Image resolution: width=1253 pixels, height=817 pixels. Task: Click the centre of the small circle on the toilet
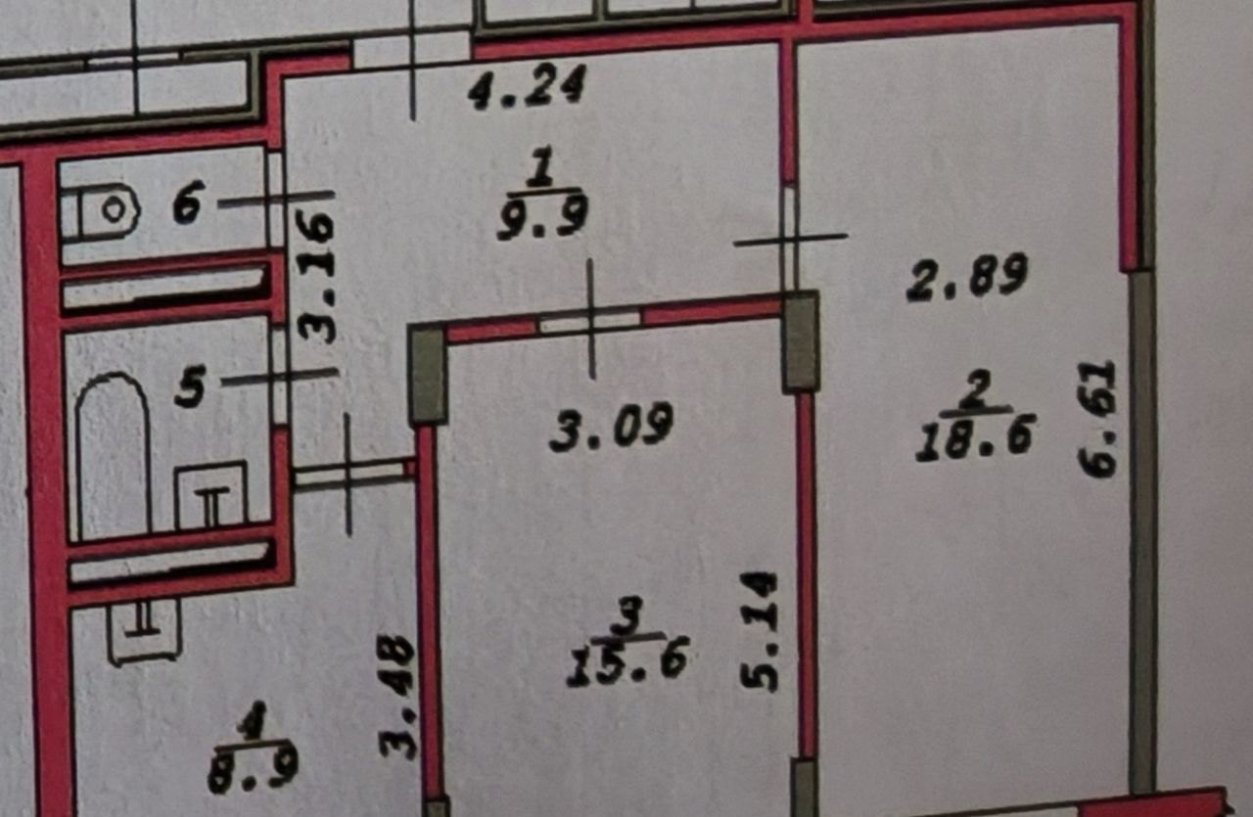click(115, 210)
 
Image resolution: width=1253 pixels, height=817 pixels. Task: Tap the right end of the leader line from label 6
click(335, 194)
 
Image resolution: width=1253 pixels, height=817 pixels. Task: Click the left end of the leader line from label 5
click(222, 383)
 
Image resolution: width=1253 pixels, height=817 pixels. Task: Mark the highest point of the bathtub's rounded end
click(112, 374)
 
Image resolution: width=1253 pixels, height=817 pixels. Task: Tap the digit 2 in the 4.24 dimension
click(529, 86)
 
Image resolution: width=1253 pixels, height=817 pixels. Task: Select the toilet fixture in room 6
click(99, 212)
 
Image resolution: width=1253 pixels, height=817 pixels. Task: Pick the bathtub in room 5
click(113, 456)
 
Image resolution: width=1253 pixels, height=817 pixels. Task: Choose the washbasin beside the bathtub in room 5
click(211, 494)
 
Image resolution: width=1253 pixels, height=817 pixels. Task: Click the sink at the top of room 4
click(145, 632)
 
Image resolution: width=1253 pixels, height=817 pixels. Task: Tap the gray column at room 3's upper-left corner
click(428, 376)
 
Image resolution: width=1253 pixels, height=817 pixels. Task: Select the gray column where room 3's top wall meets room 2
click(801, 341)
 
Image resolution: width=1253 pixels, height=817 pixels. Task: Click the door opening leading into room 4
click(349, 475)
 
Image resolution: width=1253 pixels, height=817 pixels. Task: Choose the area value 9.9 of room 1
click(542, 216)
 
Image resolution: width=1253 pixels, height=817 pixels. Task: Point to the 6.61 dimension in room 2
click(1097, 419)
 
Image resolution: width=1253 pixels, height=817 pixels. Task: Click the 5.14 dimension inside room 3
click(759, 631)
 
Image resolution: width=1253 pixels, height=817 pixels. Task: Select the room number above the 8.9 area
click(254, 721)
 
